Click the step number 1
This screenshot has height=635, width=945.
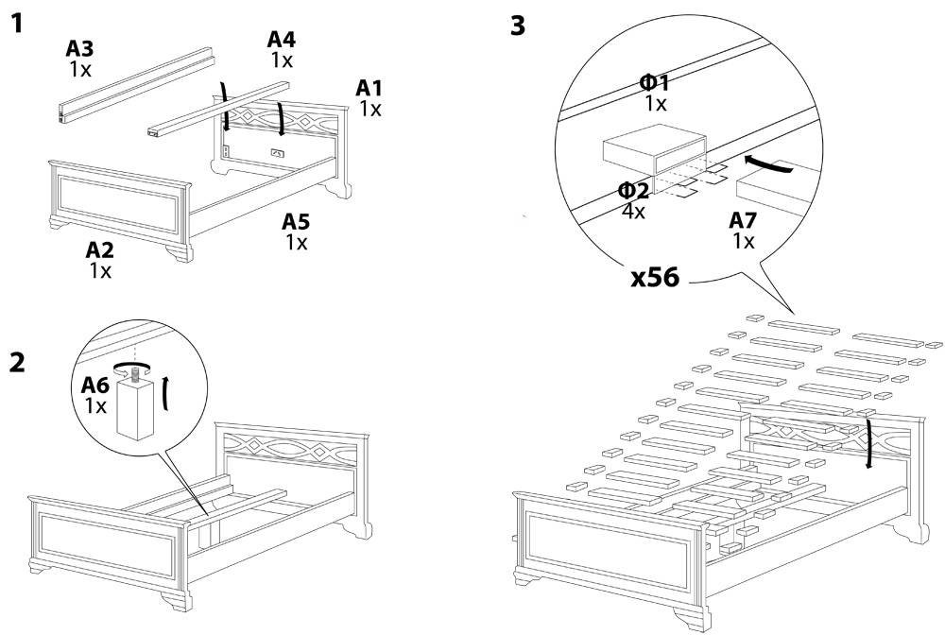pyautogui.click(x=17, y=25)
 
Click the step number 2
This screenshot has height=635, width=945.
pyautogui.click(x=17, y=363)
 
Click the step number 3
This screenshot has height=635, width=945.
pyautogui.click(x=518, y=26)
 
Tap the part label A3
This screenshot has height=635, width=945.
pyautogui.click(x=79, y=49)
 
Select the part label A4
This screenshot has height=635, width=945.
pyautogui.click(x=282, y=40)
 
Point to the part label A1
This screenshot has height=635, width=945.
pyautogui.click(x=369, y=89)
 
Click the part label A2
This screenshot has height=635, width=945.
pyautogui.click(x=99, y=250)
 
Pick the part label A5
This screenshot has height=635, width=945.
pyautogui.click(x=296, y=222)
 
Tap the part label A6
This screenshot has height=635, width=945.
pyautogui.click(x=95, y=385)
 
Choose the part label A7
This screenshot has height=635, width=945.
pyautogui.click(x=743, y=221)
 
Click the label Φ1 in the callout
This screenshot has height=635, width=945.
pyautogui.click(x=655, y=83)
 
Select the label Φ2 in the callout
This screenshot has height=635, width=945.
pyautogui.click(x=634, y=191)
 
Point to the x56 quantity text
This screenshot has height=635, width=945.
pyautogui.click(x=655, y=278)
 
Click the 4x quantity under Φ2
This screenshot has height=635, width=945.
pyautogui.click(x=633, y=212)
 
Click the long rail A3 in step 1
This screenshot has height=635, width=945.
pyautogui.click(x=135, y=84)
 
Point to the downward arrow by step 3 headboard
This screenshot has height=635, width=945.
pyautogui.click(x=868, y=443)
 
